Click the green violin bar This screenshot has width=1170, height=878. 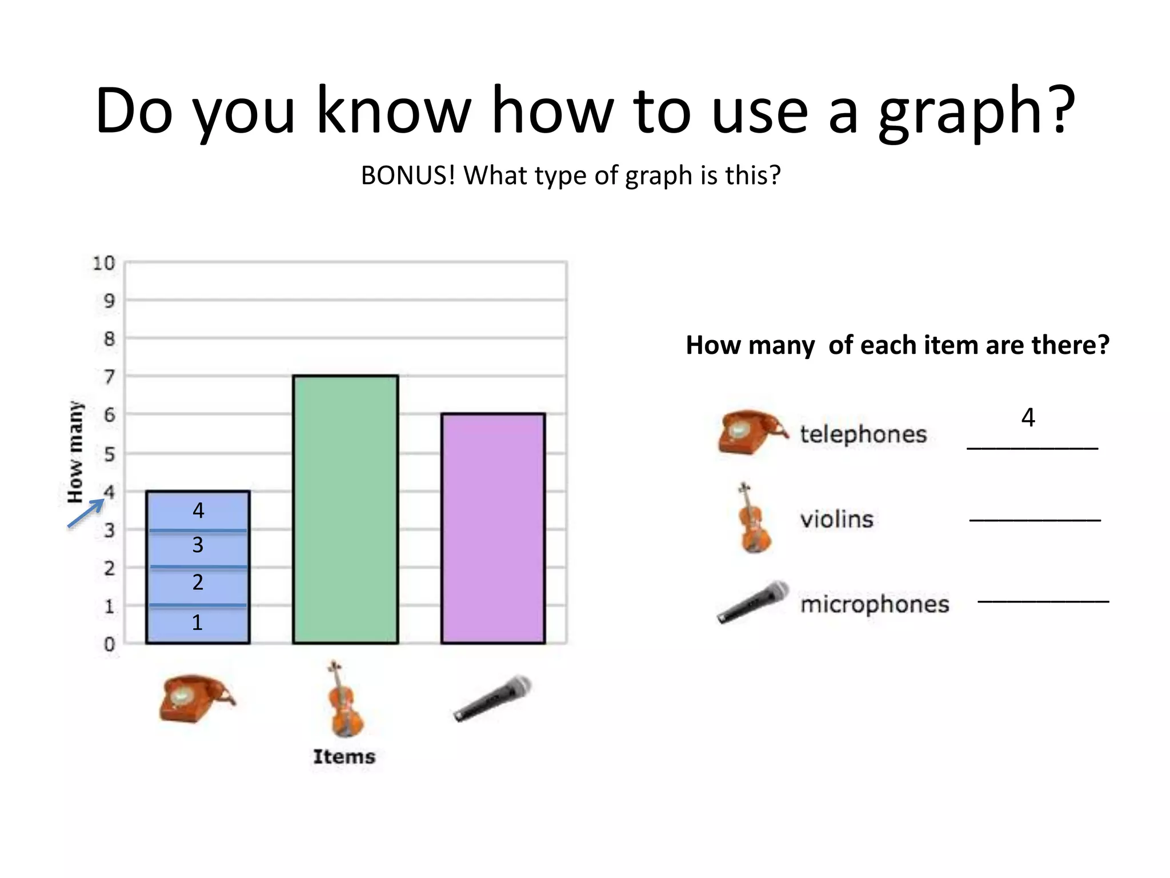click(345, 509)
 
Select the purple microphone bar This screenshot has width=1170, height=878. click(493, 528)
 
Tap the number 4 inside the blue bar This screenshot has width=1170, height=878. click(198, 510)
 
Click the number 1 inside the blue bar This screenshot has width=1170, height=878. click(197, 622)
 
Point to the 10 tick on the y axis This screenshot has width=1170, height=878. click(104, 264)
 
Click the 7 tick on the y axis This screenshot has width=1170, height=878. click(109, 377)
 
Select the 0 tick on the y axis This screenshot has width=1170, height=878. click(109, 644)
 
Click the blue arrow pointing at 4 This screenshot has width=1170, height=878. click(86, 513)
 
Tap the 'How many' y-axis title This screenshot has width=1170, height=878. click(75, 452)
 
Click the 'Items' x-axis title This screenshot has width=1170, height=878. click(344, 756)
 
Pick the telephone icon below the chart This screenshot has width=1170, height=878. click(196, 699)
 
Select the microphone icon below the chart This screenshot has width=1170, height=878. click(492, 698)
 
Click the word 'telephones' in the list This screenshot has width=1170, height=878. click(863, 434)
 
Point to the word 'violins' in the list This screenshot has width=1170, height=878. click(837, 519)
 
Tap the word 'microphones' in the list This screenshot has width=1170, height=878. click(875, 604)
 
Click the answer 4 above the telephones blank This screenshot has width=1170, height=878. click(1028, 418)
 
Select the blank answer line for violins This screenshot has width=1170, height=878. click(1035, 520)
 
